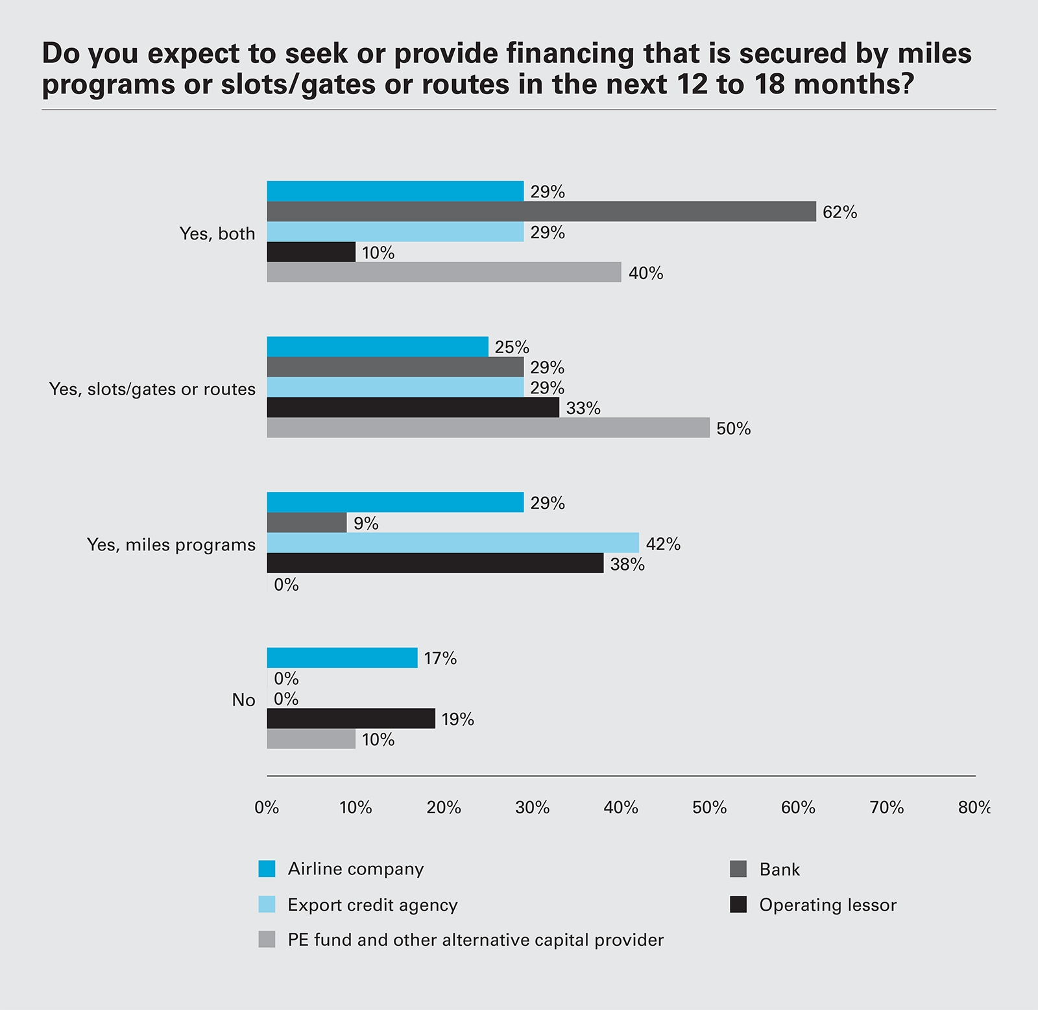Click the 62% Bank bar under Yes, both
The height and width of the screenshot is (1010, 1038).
click(x=541, y=212)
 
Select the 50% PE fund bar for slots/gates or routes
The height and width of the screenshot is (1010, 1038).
click(x=488, y=428)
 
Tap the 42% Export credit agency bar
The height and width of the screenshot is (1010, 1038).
click(x=453, y=543)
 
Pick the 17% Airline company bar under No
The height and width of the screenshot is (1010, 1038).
click(x=342, y=658)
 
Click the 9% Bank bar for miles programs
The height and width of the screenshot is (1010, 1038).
click(x=307, y=523)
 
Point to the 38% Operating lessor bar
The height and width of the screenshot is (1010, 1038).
click(x=435, y=563)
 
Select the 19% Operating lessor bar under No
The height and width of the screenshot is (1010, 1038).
click(x=351, y=719)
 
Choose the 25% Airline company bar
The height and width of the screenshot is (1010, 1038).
click(x=378, y=347)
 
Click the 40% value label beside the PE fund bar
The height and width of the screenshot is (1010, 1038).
click(x=646, y=273)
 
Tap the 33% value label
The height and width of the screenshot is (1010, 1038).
click(x=583, y=408)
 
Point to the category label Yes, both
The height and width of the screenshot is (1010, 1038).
click(x=217, y=234)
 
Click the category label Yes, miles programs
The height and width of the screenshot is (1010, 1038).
click(x=171, y=545)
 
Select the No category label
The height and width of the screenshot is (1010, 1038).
click(x=243, y=700)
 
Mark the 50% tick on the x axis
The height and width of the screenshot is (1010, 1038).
click(x=709, y=807)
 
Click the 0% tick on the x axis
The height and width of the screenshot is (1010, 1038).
click(x=267, y=807)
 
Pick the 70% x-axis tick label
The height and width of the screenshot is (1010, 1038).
click(x=886, y=807)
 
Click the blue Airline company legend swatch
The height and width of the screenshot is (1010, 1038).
click(x=267, y=868)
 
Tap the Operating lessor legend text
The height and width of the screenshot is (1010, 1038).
click(x=828, y=905)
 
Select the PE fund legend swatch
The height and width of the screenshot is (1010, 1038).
click(x=267, y=940)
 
